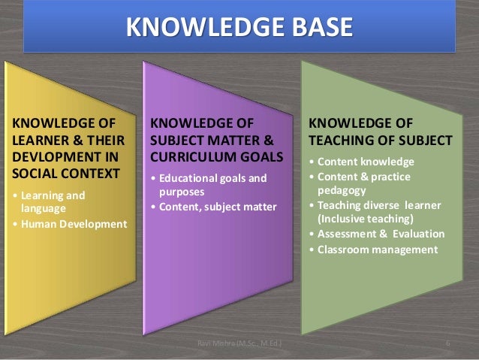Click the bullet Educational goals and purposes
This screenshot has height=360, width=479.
[210, 185]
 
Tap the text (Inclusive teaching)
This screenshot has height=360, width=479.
[366, 219]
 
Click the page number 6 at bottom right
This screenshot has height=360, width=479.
[447, 344]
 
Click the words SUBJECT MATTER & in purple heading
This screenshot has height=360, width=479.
[214, 140]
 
